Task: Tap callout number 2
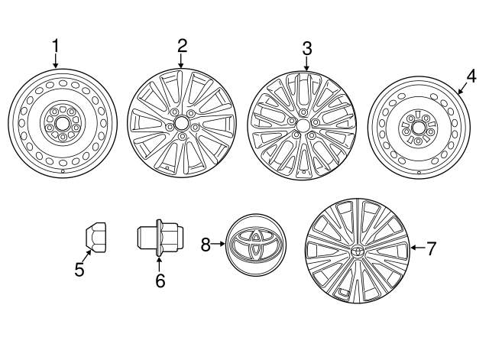[x=182, y=44]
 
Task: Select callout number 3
[x=306, y=47]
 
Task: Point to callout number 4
[x=471, y=75]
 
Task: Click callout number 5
[x=79, y=269]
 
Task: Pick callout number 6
[x=160, y=281]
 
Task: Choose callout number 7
[x=431, y=248]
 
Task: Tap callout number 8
[x=205, y=244]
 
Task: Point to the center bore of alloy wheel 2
[x=181, y=122]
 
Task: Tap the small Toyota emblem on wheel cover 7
[x=358, y=252]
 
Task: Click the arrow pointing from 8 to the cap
[x=219, y=244]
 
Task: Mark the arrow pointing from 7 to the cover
[x=417, y=248]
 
